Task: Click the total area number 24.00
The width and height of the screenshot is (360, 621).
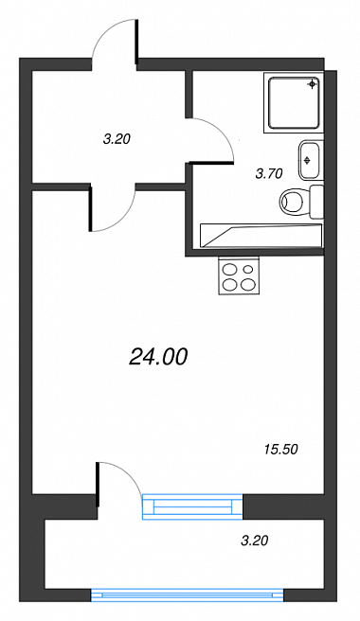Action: (x=158, y=358)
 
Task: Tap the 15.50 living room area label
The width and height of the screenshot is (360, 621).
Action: (x=280, y=450)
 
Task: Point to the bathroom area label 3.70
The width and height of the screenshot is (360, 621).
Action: (x=269, y=173)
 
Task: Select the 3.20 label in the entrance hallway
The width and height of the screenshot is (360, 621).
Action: (x=117, y=139)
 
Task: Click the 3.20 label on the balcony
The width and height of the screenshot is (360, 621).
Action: (x=255, y=541)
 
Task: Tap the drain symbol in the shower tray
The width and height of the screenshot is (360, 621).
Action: (x=313, y=84)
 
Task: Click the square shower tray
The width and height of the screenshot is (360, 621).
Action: (x=294, y=102)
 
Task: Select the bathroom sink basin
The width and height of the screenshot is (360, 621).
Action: (x=309, y=160)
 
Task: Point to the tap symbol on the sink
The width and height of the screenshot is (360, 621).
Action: (x=307, y=160)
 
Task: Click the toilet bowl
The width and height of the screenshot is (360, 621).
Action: (x=295, y=202)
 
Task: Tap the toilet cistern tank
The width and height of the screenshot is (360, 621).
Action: (x=316, y=202)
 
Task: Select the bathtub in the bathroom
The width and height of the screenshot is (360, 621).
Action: (x=261, y=236)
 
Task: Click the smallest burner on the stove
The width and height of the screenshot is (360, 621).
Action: (x=248, y=270)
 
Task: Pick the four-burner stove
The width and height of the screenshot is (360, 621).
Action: (x=239, y=275)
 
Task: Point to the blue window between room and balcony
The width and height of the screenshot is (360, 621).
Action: (x=192, y=506)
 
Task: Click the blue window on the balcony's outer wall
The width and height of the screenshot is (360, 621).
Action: (x=188, y=594)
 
